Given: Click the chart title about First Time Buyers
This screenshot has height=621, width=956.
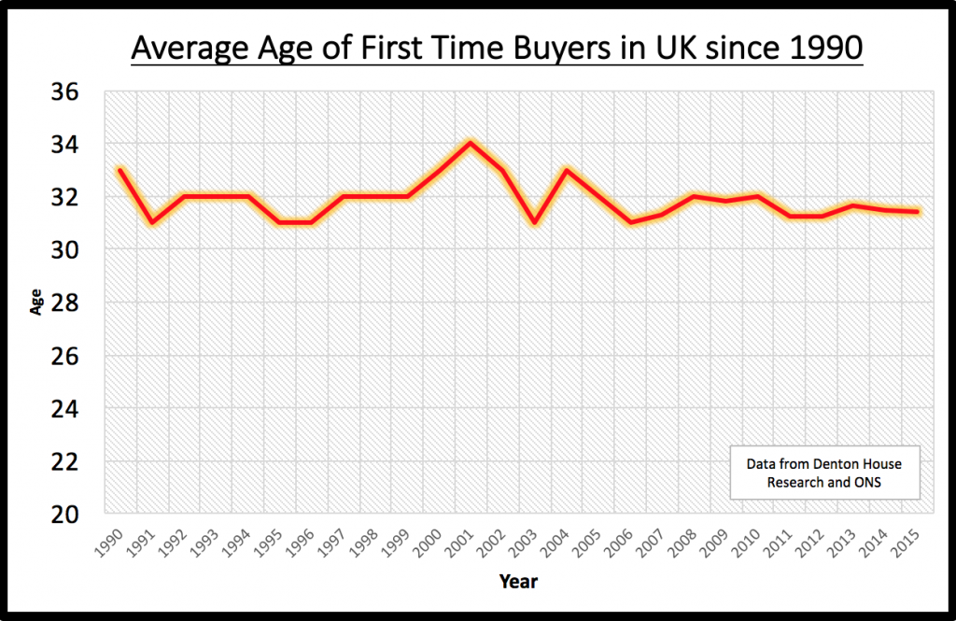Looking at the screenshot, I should pos(497,48).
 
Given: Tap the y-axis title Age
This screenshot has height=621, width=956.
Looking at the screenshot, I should pos(37,304).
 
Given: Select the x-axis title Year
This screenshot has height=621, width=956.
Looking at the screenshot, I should pos(518,582).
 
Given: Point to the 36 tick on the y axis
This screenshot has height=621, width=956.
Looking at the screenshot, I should pos(71,92).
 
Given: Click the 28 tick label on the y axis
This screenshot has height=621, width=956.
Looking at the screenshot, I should pos(71,303).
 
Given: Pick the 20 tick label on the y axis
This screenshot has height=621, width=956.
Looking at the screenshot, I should pos(71,514).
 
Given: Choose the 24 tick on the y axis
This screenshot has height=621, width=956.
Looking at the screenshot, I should pos(71,408).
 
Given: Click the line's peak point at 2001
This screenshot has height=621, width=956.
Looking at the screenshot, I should pos(470,143).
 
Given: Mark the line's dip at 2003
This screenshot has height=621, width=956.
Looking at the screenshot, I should pos(534,222).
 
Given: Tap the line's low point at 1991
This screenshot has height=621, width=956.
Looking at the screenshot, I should pos(152,222).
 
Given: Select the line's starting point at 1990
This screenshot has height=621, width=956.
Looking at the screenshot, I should pos(120,170).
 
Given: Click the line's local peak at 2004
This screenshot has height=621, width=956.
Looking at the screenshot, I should pos(566,170).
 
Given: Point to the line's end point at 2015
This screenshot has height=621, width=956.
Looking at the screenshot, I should pos(918,212).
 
